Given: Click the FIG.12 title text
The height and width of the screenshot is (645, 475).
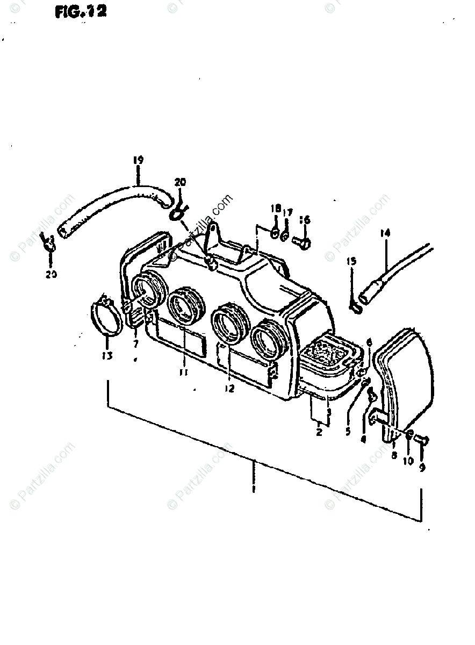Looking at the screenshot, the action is point(80,12).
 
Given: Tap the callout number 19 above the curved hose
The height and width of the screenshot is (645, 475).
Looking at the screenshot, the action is point(138,160).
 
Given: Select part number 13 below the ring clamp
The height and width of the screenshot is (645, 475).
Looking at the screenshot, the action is point(107,355).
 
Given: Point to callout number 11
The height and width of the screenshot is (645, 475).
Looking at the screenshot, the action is point(184,371).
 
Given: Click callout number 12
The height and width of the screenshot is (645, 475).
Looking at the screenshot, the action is point(230,389).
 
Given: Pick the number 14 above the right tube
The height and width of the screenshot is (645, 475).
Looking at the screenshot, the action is point(385,233).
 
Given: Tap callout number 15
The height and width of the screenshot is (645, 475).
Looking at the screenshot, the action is point(351,262).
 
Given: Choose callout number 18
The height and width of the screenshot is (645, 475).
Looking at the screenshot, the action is point(276,209).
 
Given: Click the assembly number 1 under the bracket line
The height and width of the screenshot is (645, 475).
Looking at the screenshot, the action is point(253,490).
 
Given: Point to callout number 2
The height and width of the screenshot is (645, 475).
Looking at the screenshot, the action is point(319,432).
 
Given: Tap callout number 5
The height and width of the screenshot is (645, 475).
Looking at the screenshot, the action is point(348,431).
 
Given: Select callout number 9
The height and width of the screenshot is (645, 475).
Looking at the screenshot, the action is point(422,468).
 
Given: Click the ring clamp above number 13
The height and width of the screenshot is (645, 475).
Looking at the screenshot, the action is point(106,318).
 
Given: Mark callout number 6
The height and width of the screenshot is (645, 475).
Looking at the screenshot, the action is point(369,342).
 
